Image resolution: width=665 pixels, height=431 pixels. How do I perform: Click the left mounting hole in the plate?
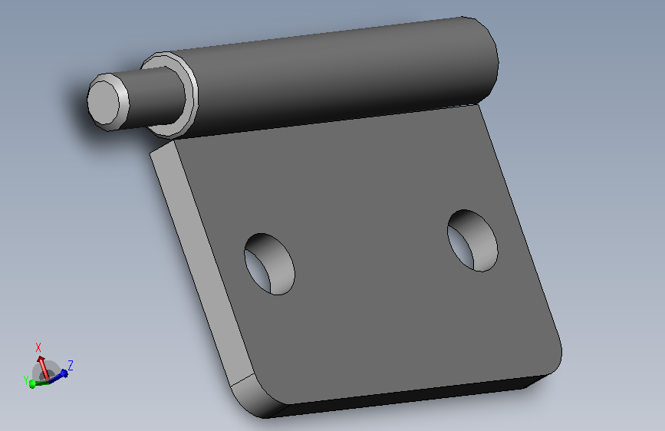coord(269,264)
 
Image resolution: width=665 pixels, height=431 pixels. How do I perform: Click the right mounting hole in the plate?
coord(472,240)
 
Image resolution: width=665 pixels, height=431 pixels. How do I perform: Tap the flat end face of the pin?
coord(104,103)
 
